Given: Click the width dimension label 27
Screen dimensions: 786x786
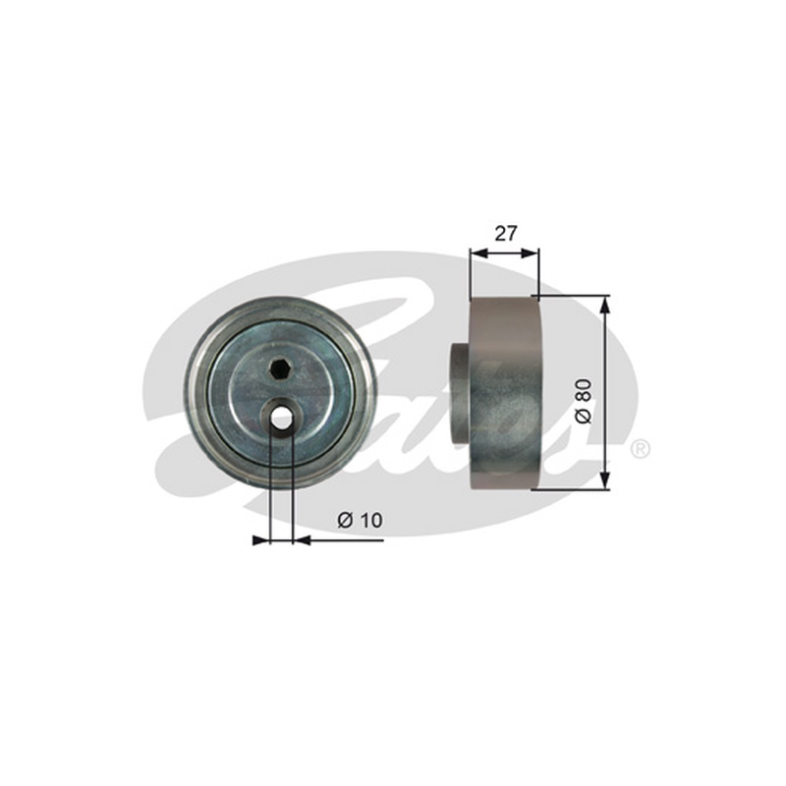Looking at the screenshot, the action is [505, 233].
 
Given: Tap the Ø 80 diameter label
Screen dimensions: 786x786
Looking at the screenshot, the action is [584, 402].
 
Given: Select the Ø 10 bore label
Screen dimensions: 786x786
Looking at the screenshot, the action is [360, 520].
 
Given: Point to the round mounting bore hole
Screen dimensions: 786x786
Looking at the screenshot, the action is [281, 417].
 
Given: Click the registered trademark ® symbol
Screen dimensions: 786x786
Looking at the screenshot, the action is [640, 448].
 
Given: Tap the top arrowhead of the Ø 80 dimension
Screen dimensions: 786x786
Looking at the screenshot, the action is [606, 304].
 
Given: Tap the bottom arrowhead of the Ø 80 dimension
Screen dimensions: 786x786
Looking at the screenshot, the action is [606, 480].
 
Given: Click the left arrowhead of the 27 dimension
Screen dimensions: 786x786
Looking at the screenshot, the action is [478, 253].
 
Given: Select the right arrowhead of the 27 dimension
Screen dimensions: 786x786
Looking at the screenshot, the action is [530, 253].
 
